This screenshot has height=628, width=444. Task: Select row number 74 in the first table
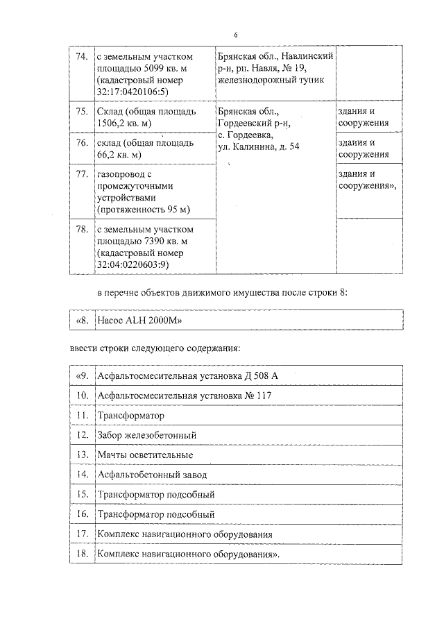pyautogui.click(x=81, y=56)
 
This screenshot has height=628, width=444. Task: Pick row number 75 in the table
pyautogui.click(x=81, y=112)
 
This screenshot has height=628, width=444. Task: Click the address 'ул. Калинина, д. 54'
pyautogui.click(x=258, y=146)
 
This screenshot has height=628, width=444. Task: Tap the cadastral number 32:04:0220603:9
pyautogui.click(x=133, y=264)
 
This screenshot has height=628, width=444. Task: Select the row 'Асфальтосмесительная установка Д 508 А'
pyautogui.click(x=188, y=375)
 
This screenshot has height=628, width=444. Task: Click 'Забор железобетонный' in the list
pyautogui.click(x=147, y=434)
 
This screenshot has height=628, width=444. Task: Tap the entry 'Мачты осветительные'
pyautogui.click(x=145, y=455)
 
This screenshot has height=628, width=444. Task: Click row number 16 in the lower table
pyautogui.click(x=81, y=514)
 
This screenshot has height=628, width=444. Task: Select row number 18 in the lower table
pyautogui.click(x=81, y=554)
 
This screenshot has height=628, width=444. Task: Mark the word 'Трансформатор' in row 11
pyautogui.click(x=131, y=415)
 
